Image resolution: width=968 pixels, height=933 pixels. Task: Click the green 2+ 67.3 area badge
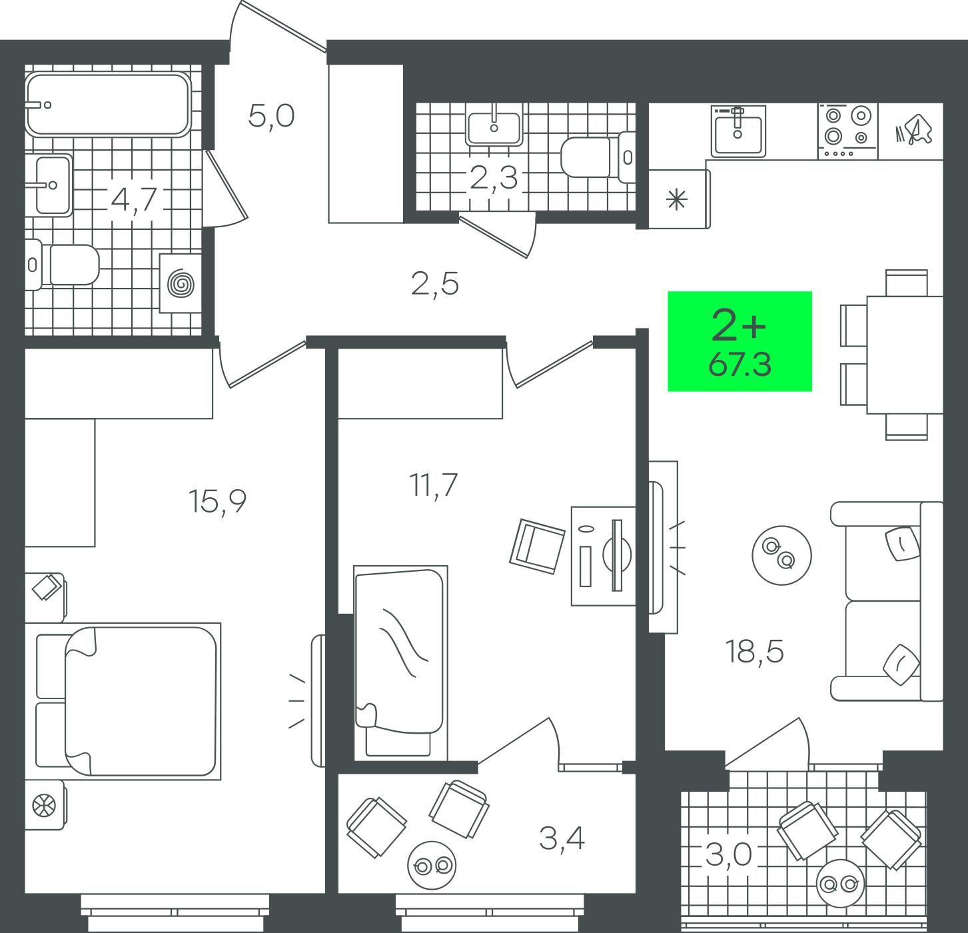(x=739, y=341)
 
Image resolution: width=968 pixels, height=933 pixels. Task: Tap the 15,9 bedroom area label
(x=217, y=501)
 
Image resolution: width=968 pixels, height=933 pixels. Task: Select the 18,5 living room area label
(x=755, y=651)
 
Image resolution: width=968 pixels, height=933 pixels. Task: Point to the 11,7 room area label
(x=433, y=485)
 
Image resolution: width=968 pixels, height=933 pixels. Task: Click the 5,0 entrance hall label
(x=271, y=117)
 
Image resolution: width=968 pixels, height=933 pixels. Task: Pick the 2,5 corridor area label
(x=435, y=284)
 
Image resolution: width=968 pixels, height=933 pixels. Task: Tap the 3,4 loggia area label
(x=562, y=838)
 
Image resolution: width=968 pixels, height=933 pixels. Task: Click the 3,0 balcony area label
(x=728, y=856)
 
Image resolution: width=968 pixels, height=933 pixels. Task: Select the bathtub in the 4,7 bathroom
(x=108, y=105)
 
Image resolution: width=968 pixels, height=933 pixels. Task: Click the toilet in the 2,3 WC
(x=598, y=157)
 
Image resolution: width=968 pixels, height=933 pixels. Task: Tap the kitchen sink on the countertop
(x=738, y=131)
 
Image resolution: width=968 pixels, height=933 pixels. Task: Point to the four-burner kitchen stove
(x=847, y=131)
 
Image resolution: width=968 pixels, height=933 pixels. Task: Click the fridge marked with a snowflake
(x=680, y=199)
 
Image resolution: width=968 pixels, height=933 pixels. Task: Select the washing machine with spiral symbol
(x=181, y=283)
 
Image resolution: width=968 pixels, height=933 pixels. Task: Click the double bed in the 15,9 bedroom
(x=129, y=701)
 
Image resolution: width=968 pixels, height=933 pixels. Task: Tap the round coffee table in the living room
(x=781, y=555)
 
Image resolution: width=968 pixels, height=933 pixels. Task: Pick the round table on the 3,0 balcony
(x=841, y=883)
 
